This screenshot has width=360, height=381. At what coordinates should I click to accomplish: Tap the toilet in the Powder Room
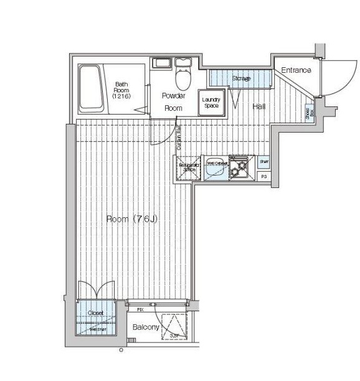tap(182, 77)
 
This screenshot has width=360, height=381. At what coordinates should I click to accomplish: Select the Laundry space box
tap(211, 103)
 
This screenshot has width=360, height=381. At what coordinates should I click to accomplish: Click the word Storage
tap(241, 78)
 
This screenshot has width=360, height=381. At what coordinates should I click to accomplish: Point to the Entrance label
tap(296, 70)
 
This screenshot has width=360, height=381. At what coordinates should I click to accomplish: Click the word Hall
tap(259, 107)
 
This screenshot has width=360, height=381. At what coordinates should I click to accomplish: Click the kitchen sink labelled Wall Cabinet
tap(216, 166)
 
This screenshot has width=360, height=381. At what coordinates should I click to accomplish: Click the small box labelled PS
tap(263, 177)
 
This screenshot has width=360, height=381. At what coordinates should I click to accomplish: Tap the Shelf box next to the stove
tap(263, 162)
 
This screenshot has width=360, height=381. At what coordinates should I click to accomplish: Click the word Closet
tap(95, 313)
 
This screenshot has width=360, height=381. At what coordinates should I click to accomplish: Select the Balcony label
tap(146, 327)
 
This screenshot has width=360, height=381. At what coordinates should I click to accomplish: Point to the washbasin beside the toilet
tap(161, 63)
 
